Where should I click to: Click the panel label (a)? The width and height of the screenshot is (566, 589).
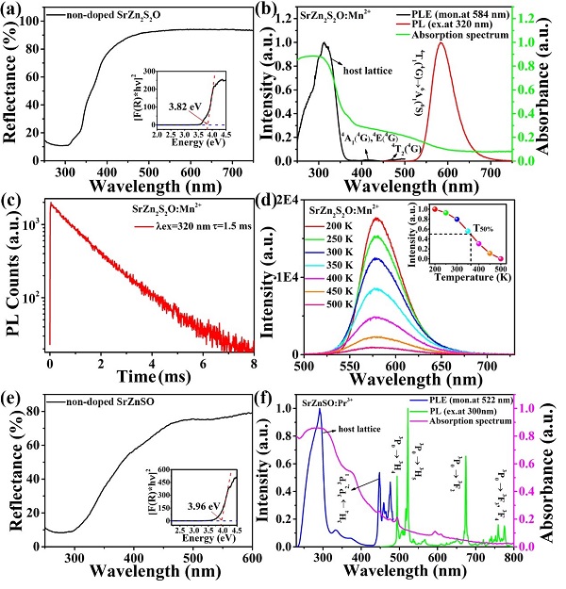pyautogui.click(x=19, y=11)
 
